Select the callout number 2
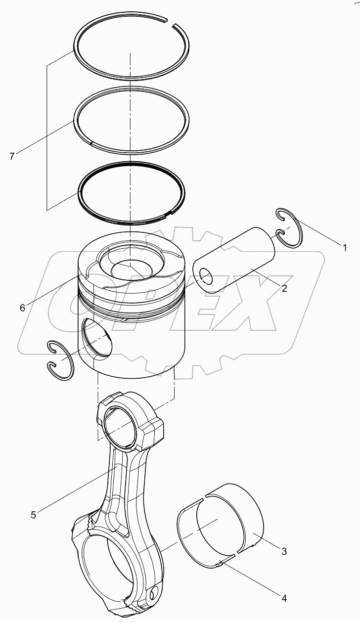click(284, 289)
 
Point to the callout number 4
click(283, 599)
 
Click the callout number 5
click(33, 515)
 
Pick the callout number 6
click(22, 308)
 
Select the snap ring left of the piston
click(59, 359)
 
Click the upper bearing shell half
click(232, 509)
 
